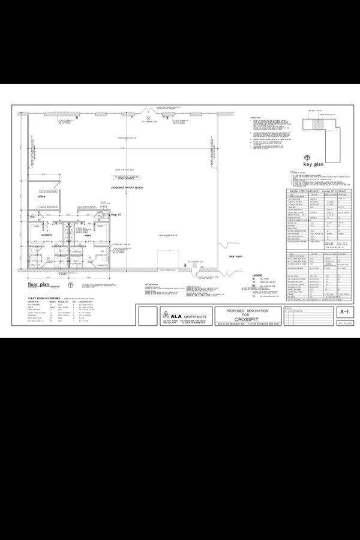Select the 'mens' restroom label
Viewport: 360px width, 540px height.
[x=88, y=235]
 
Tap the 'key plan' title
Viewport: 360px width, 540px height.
[x=314, y=164]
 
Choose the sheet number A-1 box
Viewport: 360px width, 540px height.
[x=344, y=313]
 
